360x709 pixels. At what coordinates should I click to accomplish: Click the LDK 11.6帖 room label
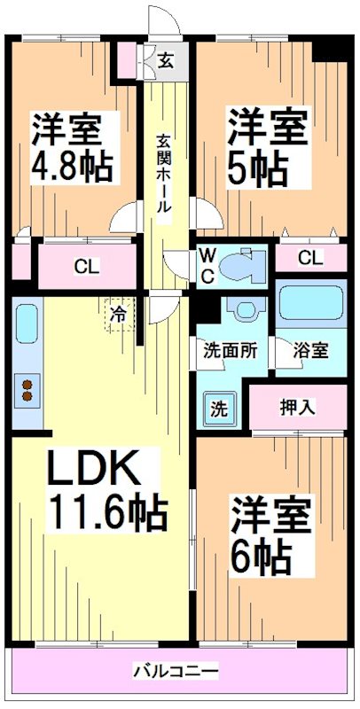(x=107, y=490)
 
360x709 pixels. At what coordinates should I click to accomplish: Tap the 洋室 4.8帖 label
(x=72, y=147)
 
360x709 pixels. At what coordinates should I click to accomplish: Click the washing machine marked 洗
(x=219, y=409)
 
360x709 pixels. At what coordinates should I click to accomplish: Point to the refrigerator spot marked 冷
(x=120, y=315)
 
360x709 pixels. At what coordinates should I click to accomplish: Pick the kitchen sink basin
(x=27, y=323)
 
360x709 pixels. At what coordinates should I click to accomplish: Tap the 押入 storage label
(x=297, y=409)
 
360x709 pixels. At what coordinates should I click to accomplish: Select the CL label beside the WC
(x=310, y=258)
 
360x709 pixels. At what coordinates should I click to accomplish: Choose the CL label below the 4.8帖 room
(x=87, y=267)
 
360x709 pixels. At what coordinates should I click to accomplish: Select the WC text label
(x=207, y=267)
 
